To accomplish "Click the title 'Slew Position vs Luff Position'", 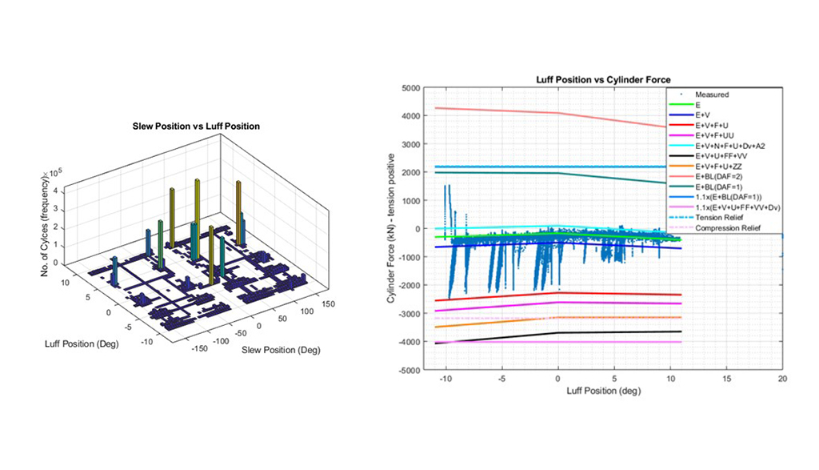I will [196, 126].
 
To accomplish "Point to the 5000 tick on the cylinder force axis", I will [409, 88].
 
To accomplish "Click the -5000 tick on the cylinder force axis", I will [408, 371].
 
